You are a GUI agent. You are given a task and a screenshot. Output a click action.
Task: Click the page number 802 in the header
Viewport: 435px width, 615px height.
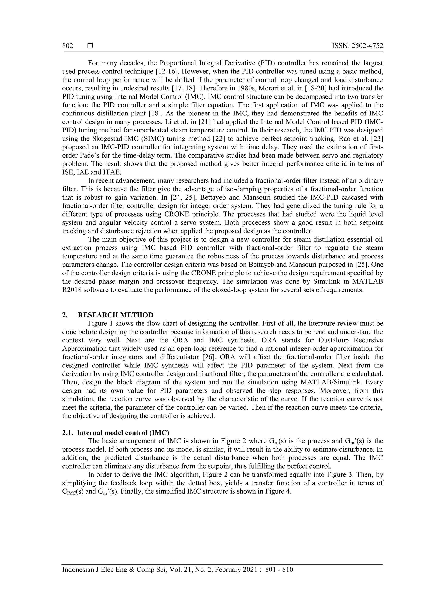click(x=68, y=46)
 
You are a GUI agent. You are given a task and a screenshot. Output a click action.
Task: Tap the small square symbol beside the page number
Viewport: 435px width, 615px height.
click(x=90, y=46)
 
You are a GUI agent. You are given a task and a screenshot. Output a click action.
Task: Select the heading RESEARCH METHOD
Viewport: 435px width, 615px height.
click(x=116, y=315)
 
